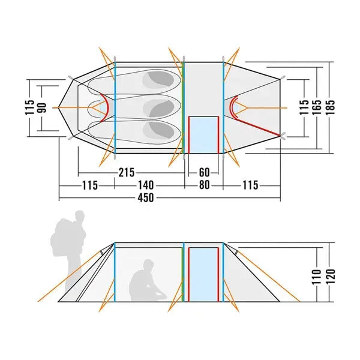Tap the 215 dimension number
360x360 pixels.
(127, 173)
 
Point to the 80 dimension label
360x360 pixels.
(204, 185)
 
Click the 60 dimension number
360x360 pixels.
(204, 173)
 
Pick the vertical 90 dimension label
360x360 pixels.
(41, 107)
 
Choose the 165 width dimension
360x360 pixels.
(316, 107)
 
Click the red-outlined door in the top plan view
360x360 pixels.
(203, 134)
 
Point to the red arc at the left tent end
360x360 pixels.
(105, 107)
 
